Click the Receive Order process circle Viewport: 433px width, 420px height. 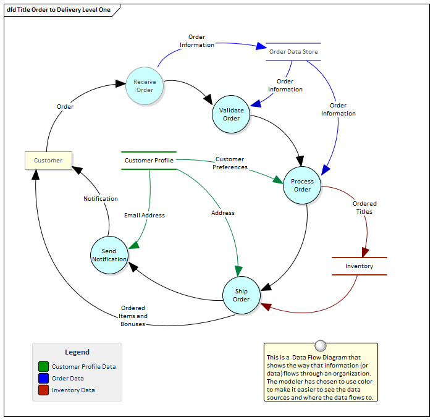click(x=145, y=85)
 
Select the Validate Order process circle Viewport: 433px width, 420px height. click(x=231, y=114)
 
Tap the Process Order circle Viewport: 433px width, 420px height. click(x=302, y=185)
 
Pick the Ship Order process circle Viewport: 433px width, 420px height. click(x=241, y=295)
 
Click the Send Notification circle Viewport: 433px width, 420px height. click(x=109, y=255)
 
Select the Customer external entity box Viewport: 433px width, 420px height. click(x=48, y=161)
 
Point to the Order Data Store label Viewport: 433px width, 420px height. click(x=293, y=52)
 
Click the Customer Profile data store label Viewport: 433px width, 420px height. click(x=149, y=161)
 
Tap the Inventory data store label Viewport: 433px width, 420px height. click(x=359, y=266)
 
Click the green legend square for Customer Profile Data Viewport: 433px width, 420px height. click(x=43, y=367)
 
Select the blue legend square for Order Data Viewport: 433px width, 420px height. click(x=43, y=379)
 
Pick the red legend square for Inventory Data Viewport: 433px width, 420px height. click(x=43, y=390)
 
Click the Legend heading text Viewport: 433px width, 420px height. click(x=77, y=352)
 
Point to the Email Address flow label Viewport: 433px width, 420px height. click(x=145, y=216)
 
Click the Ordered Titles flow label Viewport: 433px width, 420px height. click(x=364, y=208)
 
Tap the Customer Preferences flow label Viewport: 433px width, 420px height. click(x=230, y=163)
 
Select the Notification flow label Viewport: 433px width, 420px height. click(x=101, y=199)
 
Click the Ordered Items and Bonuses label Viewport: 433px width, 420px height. click(x=133, y=316)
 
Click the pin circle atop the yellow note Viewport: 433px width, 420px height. click(x=320, y=345)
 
